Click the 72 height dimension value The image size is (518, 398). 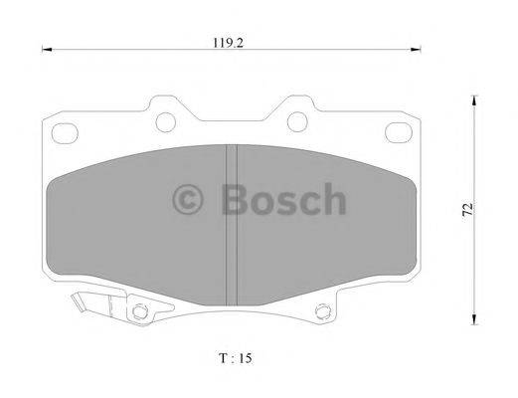467,209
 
